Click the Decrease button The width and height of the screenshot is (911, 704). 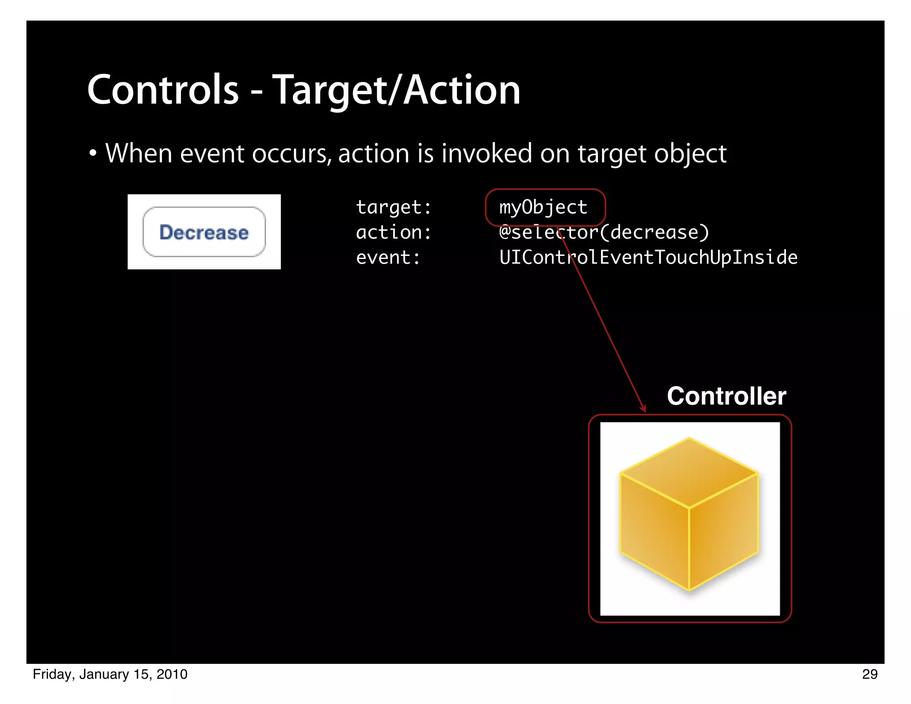204,232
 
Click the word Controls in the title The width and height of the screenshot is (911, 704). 163,90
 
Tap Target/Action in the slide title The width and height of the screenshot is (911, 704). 396,91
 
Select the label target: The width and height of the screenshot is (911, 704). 394,207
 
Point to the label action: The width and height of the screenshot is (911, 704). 394,232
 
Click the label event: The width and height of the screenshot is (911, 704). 388,258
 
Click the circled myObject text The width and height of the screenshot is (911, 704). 543,207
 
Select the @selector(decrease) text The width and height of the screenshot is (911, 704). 604,232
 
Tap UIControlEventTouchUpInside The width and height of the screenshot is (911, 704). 648,258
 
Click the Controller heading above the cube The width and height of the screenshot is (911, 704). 726,396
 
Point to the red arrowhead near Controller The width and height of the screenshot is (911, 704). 643,408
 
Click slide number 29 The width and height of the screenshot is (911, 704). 870,674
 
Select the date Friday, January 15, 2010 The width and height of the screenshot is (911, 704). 110,674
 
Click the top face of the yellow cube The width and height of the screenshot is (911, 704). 689,472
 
